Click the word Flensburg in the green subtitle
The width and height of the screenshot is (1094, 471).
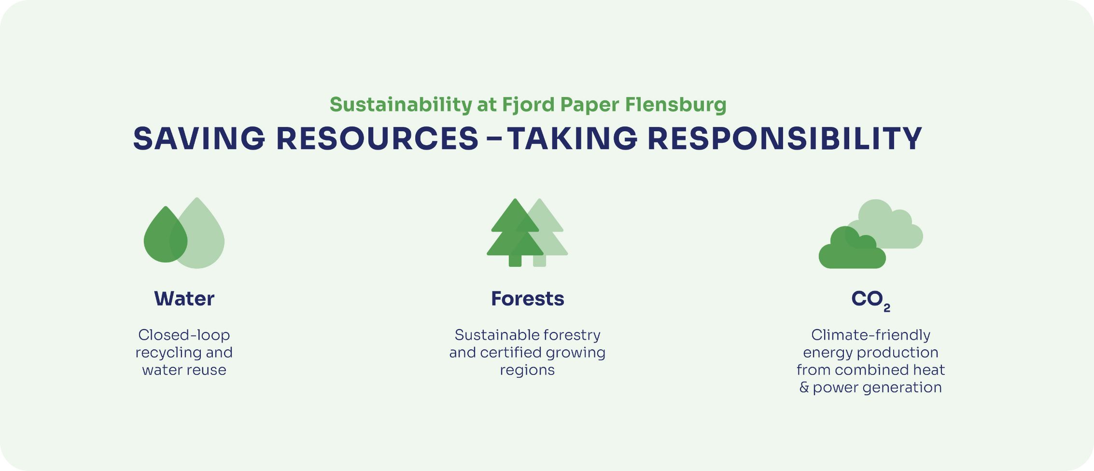coord(675,105)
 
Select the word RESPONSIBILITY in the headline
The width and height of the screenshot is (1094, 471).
coord(785,139)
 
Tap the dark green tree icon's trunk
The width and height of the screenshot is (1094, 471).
coord(515,261)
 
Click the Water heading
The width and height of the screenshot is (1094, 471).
coord(184,299)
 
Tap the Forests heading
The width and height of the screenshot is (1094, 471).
coord(527,299)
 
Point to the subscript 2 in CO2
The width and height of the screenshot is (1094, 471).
coord(886,308)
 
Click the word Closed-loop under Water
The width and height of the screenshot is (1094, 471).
coord(184,335)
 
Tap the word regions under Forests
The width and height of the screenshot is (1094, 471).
coord(527,371)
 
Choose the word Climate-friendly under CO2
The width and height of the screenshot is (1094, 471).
coord(870,335)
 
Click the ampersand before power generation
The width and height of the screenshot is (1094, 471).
coord(804,388)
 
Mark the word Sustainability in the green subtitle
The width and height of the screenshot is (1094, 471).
coord(401,105)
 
